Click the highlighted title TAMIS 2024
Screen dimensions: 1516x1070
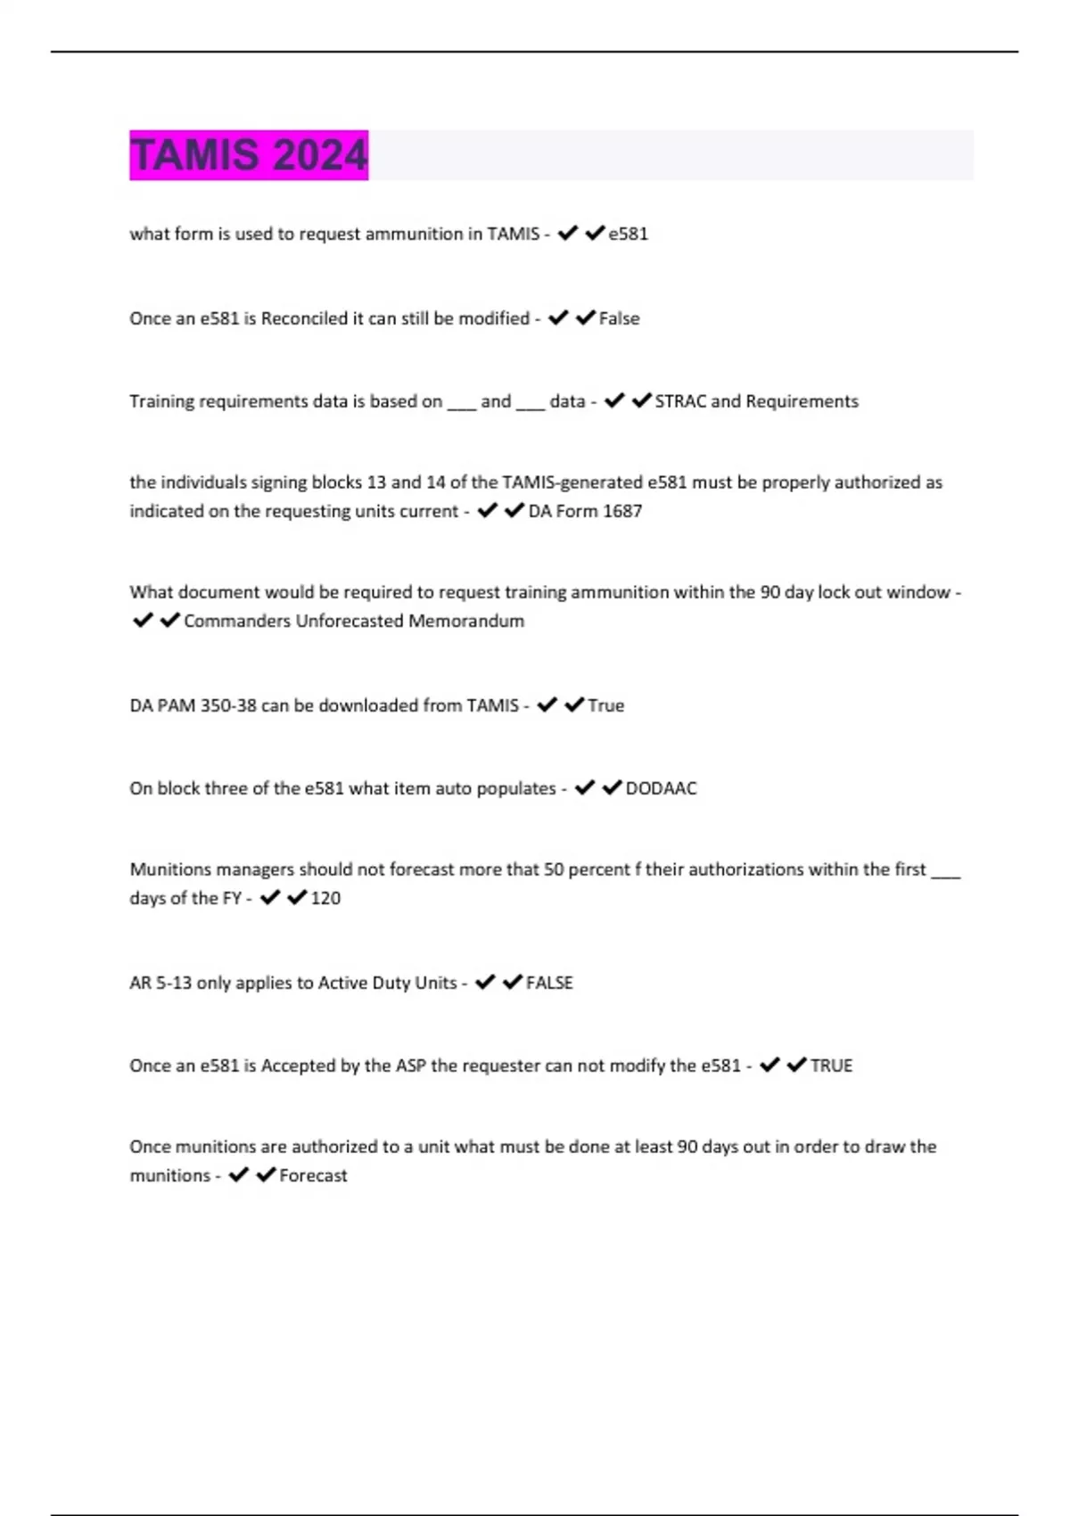click(249, 155)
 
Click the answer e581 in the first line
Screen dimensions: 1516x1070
click(629, 235)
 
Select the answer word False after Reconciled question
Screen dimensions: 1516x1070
click(620, 318)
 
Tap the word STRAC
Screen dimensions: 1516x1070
click(680, 401)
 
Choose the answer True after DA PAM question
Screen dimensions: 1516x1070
click(606, 705)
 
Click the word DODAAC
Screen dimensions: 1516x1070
click(662, 788)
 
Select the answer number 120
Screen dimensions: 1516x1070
click(325, 898)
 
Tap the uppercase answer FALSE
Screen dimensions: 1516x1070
click(549, 983)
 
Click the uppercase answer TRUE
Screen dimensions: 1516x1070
click(832, 1066)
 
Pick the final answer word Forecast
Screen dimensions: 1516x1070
click(313, 1175)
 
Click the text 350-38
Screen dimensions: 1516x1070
click(228, 705)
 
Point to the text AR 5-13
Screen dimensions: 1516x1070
click(160, 983)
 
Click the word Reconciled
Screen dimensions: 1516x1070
click(304, 318)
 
